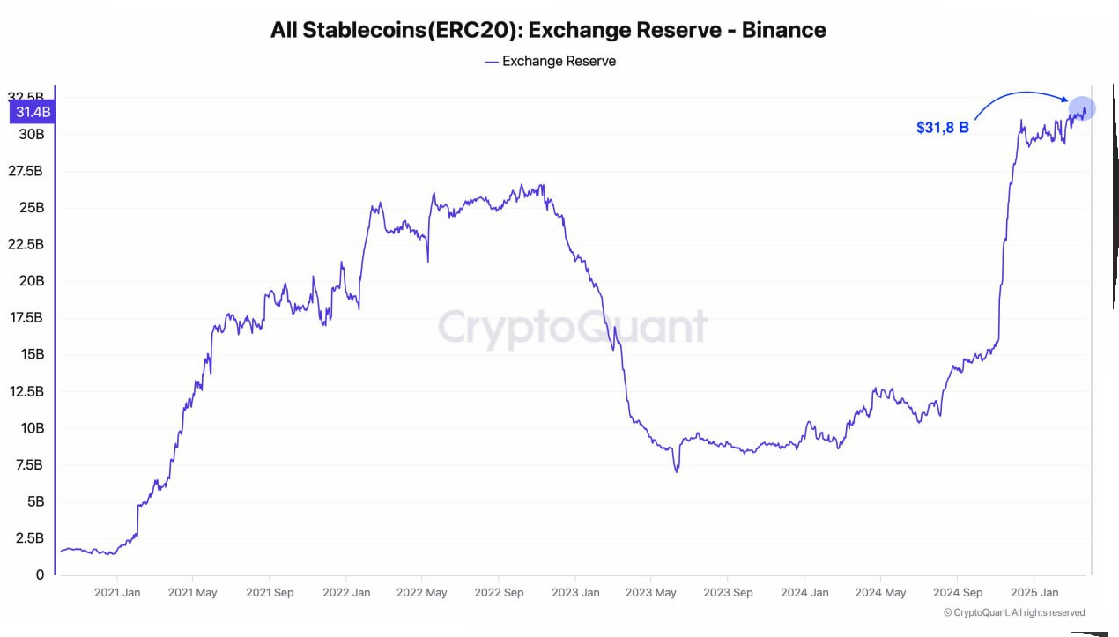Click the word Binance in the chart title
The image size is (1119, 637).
(x=783, y=30)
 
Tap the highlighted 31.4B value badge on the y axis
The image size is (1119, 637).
(x=32, y=112)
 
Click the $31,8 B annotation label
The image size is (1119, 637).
(x=942, y=128)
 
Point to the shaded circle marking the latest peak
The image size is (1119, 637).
(x=1082, y=108)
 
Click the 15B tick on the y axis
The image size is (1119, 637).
(x=32, y=354)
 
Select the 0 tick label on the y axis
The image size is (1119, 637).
(x=40, y=574)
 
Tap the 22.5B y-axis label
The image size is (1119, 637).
(x=26, y=244)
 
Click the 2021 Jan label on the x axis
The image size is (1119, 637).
(x=117, y=593)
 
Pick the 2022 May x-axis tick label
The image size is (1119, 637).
(x=423, y=593)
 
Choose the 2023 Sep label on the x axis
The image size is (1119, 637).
(x=728, y=593)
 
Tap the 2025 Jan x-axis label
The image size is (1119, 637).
(x=1034, y=593)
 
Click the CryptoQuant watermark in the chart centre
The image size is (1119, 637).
(x=573, y=327)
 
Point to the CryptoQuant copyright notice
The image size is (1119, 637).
(x=1014, y=612)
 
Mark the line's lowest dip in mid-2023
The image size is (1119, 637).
(x=677, y=471)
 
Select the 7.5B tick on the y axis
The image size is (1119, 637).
(x=29, y=464)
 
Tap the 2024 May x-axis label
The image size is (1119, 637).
(x=881, y=593)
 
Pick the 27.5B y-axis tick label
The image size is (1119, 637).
(x=26, y=170)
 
